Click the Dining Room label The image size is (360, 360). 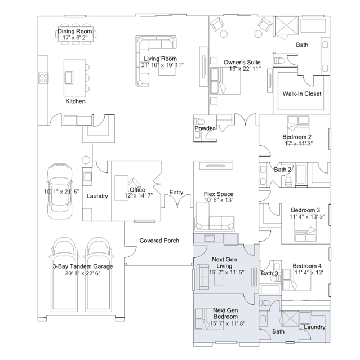pos(74,31)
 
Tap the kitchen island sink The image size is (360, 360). pos(69,78)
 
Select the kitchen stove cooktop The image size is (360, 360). pos(43,78)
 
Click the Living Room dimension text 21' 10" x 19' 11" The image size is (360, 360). pos(162,65)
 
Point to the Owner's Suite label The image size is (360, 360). pos(242,62)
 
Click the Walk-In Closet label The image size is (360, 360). pos(301,94)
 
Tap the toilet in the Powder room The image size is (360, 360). pos(200,121)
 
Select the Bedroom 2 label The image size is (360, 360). pos(297,137)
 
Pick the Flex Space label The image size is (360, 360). pos(219,194)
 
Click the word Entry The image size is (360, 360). pos(176,192)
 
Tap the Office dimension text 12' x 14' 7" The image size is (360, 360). pos(139,195)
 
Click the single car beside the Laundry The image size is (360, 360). pos(60,191)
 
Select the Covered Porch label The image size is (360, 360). pos(159,241)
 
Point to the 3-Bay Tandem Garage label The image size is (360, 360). pos(83,266)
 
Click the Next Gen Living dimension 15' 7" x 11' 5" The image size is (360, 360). pos(226,272)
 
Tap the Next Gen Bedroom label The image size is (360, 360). pos(225,313)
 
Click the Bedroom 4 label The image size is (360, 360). pos(307,266)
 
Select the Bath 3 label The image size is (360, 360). pos(269,273)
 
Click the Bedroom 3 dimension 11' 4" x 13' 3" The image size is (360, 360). pos(307,216)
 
